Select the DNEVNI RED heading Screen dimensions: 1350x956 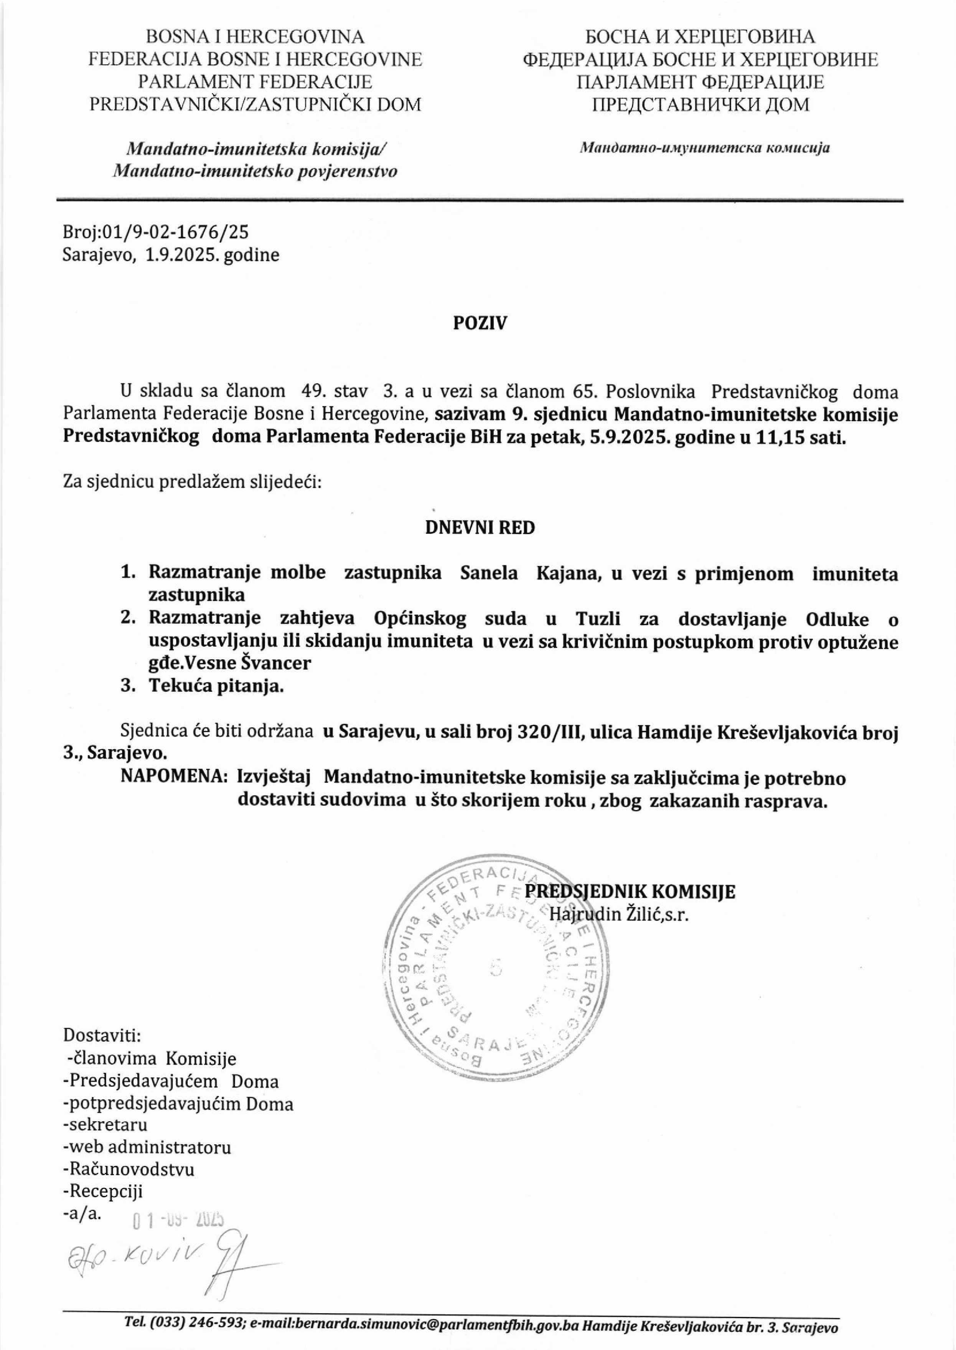point(480,528)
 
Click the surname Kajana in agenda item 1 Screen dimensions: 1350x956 point(567,573)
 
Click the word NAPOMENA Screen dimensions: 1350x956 point(174,778)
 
